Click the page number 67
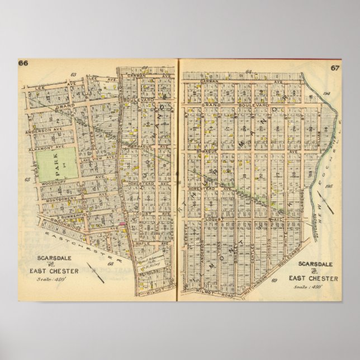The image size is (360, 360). point(334,68)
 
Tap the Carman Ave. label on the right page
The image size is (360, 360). point(224,80)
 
